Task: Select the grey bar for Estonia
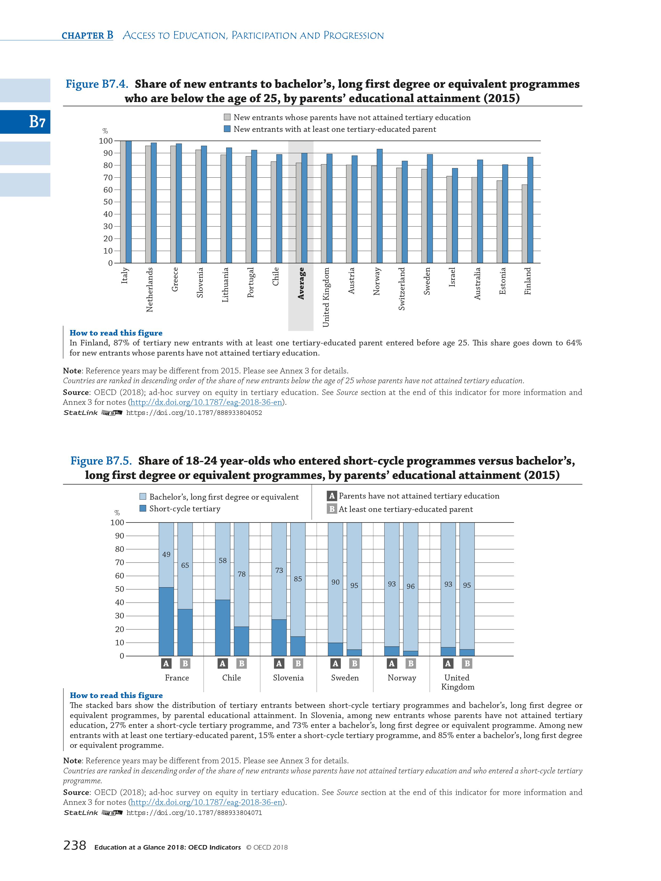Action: point(499,221)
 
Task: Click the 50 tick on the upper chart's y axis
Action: point(108,202)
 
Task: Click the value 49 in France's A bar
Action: point(166,554)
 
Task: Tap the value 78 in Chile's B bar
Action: point(241,574)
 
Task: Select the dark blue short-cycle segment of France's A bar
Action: point(166,621)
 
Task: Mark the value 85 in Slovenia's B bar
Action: point(298,579)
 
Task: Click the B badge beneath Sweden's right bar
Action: point(354,663)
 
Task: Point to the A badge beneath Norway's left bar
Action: point(392,663)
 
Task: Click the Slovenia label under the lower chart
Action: point(288,678)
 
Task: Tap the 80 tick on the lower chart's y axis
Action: point(119,549)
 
